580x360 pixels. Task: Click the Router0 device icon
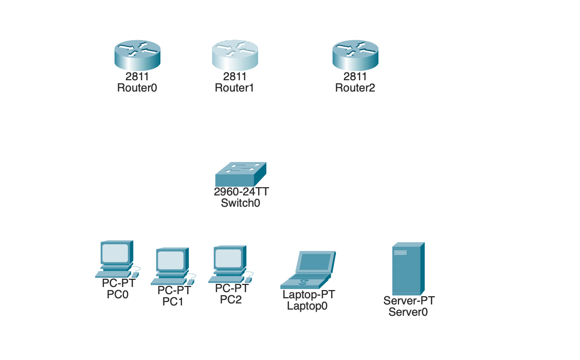(137, 55)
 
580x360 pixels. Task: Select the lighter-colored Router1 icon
(235, 55)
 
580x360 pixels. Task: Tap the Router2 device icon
(355, 55)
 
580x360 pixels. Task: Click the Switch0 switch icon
(241, 175)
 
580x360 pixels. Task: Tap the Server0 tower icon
(408, 268)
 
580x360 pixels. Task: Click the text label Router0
(137, 87)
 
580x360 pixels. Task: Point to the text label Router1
(235, 87)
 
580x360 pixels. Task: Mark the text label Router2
(355, 87)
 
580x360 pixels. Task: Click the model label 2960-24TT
(242, 192)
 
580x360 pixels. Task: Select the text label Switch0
(241, 203)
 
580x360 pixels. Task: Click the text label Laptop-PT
(309, 295)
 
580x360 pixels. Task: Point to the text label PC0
(117, 295)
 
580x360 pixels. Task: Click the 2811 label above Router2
(355, 77)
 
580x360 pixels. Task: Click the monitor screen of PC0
(115, 253)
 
